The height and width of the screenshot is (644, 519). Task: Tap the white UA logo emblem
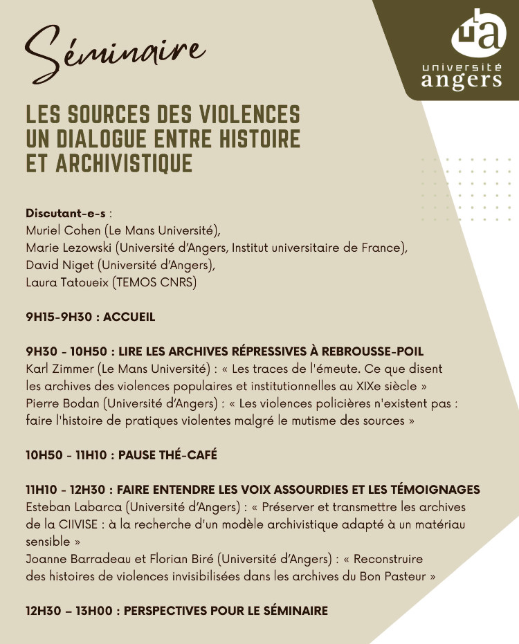tap(475, 33)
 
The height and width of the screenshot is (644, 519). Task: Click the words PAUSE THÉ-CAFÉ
tap(168, 455)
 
